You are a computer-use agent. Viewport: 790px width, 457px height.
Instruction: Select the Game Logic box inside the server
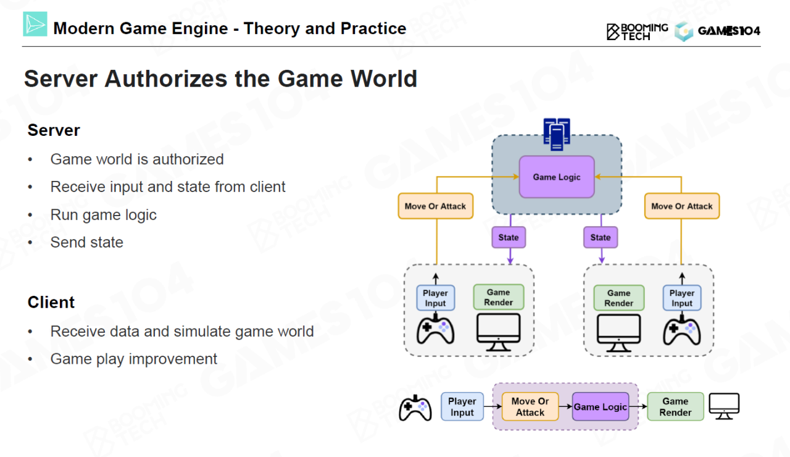click(x=557, y=177)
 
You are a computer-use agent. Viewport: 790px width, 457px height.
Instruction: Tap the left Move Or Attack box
click(x=435, y=206)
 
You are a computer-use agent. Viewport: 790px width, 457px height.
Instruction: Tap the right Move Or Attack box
click(x=681, y=206)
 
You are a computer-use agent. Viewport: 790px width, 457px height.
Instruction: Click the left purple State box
click(x=509, y=237)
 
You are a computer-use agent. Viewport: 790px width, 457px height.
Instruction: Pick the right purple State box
click(x=600, y=237)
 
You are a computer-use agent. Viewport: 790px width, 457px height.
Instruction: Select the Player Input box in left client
click(x=435, y=298)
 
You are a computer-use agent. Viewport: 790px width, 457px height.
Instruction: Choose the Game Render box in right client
click(x=618, y=298)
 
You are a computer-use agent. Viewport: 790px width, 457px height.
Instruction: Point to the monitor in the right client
click(x=618, y=333)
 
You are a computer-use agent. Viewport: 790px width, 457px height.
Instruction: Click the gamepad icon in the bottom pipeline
click(x=415, y=408)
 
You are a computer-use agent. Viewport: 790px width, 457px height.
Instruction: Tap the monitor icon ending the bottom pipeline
click(x=724, y=406)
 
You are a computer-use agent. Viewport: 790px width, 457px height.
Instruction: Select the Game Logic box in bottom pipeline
click(x=601, y=407)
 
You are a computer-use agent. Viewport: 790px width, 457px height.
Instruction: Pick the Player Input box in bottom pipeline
click(x=462, y=407)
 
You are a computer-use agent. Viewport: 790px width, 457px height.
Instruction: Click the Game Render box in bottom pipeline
click(x=675, y=407)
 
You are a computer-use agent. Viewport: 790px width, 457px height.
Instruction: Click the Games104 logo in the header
click(x=717, y=31)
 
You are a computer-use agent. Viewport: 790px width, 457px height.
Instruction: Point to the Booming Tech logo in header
click(x=637, y=31)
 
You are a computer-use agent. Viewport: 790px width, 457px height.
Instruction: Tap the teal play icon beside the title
click(x=35, y=24)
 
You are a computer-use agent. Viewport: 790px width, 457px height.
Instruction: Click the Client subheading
click(x=51, y=303)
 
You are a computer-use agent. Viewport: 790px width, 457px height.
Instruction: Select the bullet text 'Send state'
click(x=86, y=243)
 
